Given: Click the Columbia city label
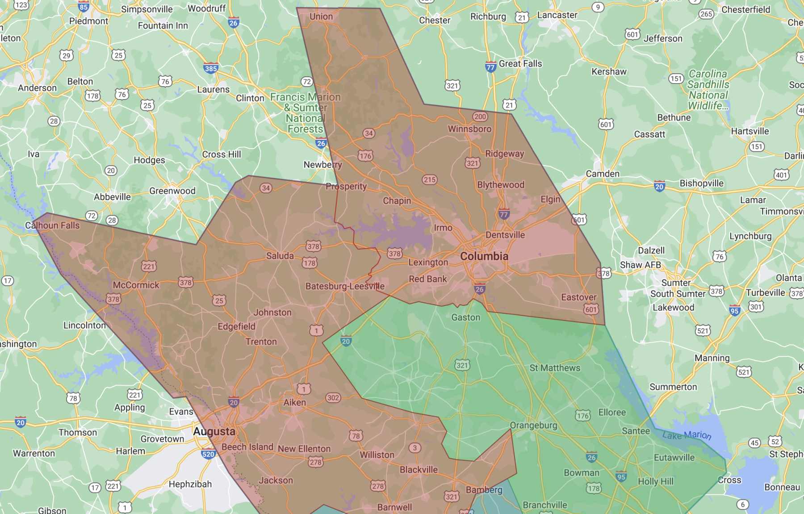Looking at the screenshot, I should point(484,256).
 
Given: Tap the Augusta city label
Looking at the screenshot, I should point(214,431).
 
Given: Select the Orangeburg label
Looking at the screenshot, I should point(533,425).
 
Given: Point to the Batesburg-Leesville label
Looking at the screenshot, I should point(345,286).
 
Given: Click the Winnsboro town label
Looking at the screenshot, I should point(469,129).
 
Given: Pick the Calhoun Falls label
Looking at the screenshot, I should point(52,226).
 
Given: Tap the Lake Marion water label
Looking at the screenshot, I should point(687,435).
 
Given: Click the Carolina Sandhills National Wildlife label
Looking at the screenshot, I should point(708,90).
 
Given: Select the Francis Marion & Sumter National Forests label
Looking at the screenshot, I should point(306,113).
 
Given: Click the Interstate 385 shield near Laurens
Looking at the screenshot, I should point(211,68).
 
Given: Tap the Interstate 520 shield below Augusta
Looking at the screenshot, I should point(208,454).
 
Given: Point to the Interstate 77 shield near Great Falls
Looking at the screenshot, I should point(490,67).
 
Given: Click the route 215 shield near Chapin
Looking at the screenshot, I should point(430,180).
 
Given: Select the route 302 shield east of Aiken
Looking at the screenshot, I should point(333,397).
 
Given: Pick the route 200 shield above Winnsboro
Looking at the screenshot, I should point(480,117).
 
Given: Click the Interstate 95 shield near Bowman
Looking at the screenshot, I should point(621,476).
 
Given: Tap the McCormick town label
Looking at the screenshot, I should point(136,285).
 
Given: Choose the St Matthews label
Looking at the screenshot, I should point(555,368).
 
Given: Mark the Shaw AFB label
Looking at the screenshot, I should point(640,265).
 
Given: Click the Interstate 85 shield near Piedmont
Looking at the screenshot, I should point(84,7).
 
